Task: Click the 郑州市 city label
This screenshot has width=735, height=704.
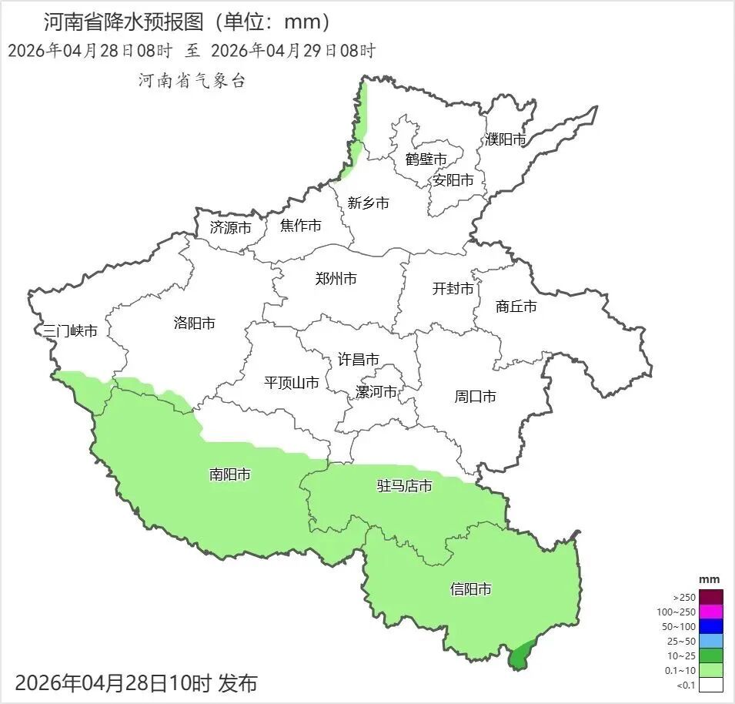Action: [x=336, y=280]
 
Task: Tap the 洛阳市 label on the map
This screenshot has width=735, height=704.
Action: [x=195, y=324]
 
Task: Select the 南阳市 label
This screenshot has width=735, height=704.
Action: [x=229, y=474]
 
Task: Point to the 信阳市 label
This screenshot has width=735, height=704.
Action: [x=470, y=590]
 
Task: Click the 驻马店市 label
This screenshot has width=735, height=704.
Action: [x=404, y=486]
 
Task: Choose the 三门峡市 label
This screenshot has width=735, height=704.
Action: [x=70, y=331]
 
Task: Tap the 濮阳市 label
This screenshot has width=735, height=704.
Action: [x=506, y=139]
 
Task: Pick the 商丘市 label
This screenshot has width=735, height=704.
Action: [x=516, y=307]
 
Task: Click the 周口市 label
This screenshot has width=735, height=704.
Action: [x=475, y=397]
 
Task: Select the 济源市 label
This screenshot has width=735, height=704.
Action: [x=231, y=228]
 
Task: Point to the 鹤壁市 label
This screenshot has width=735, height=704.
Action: [x=426, y=159]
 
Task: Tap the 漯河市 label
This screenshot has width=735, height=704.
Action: [x=376, y=392]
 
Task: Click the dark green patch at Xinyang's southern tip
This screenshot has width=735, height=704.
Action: [x=520, y=655]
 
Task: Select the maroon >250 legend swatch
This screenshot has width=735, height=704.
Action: [x=711, y=597]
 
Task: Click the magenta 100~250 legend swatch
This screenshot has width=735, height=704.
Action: [x=711, y=612]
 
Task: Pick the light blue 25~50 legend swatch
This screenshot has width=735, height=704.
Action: [x=711, y=641]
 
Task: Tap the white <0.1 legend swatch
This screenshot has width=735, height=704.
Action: [x=711, y=685]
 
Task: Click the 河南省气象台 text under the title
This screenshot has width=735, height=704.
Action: [x=192, y=81]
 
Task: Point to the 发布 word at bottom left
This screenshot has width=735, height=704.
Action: [x=238, y=682]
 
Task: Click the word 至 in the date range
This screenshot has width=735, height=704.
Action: [x=192, y=52]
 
